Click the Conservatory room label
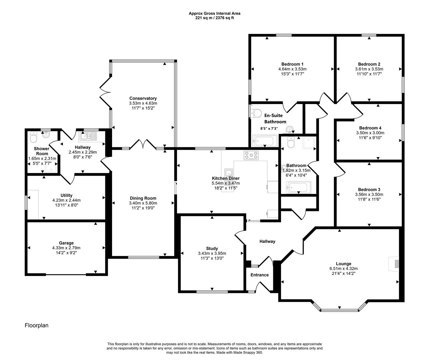(143, 98)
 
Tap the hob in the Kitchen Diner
(251, 155)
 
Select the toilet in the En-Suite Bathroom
(257, 113)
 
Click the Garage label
(66, 243)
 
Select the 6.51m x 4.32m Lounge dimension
(339, 268)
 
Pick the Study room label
(212, 248)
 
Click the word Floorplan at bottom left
(37, 325)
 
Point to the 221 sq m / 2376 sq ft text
(214, 18)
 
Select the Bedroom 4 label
(370, 128)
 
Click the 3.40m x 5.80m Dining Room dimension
(143, 203)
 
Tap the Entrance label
(259, 275)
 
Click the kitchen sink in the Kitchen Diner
(229, 173)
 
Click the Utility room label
(66, 195)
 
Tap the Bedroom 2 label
(369, 64)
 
